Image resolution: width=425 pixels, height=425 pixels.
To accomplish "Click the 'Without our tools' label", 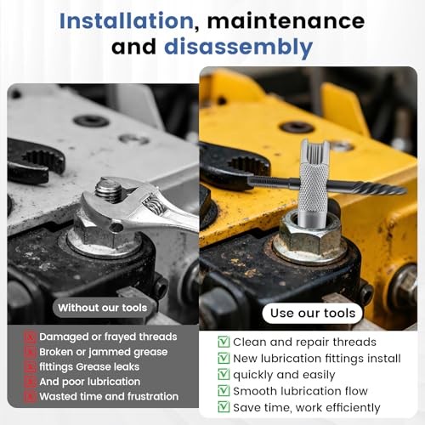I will [x=101, y=307].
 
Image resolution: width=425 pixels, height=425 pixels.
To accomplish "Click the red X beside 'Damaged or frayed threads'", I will [x=30, y=337].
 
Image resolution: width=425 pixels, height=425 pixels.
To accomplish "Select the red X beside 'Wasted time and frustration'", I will [x=30, y=396].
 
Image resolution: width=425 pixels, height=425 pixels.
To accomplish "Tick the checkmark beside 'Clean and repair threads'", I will [x=224, y=342].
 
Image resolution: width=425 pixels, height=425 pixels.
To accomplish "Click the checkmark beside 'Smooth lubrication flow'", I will [x=224, y=391].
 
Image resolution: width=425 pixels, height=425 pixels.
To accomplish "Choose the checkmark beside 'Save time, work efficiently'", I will [x=224, y=408].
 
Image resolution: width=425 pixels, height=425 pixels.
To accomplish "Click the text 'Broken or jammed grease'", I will [x=104, y=352].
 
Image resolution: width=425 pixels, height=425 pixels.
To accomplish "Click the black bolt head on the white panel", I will [x=91, y=121].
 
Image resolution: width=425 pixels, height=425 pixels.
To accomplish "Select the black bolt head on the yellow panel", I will [x=297, y=127].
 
